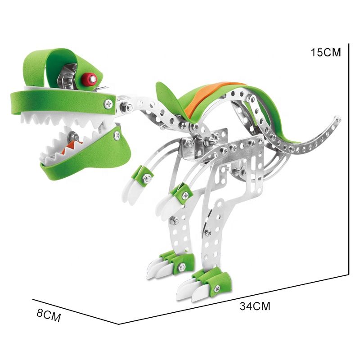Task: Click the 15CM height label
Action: (x=326, y=53)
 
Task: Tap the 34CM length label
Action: (x=255, y=306)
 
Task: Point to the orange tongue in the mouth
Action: (x=71, y=147)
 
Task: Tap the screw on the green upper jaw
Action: (x=108, y=104)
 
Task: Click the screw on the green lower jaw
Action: (x=117, y=136)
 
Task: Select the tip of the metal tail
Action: (x=339, y=119)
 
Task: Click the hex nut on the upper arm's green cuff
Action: (x=146, y=177)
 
